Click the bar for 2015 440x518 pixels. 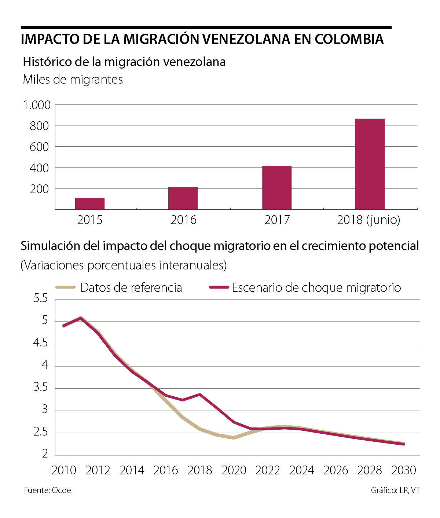[x=90, y=204]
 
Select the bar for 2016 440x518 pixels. [x=183, y=198]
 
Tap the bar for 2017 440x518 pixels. [x=277, y=188]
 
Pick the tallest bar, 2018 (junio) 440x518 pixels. [x=370, y=164]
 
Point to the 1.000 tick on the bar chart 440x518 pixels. [x=37, y=106]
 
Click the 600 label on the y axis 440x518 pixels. [x=39, y=147]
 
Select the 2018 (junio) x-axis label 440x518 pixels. [x=368, y=220]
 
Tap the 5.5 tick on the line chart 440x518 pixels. [x=41, y=298]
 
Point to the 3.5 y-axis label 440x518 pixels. [x=41, y=387]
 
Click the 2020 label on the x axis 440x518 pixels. [x=234, y=470]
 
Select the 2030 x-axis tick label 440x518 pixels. [x=404, y=470]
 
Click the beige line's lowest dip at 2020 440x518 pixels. [x=234, y=438]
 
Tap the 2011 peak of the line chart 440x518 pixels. [x=81, y=318]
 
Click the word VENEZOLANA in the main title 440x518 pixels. [x=246, y=39]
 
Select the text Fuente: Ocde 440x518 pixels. [x=48, y=491]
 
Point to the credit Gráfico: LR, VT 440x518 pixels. [x=395, y=491]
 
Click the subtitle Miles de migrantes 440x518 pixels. [x=73, y=80]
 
